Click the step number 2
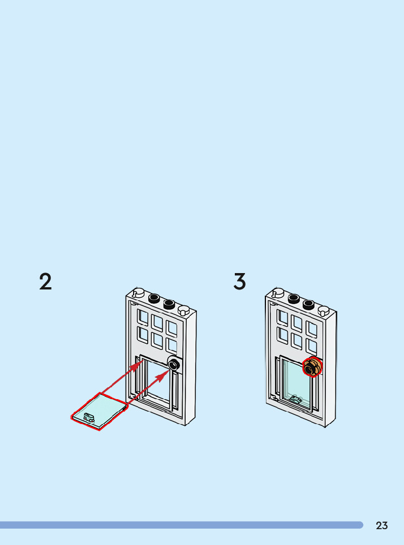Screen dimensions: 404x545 [45, 282]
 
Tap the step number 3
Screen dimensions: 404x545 [240, 282]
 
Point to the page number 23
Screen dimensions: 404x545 [382, 526]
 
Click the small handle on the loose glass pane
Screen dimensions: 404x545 [89, 417]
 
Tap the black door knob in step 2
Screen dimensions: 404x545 [174, 365]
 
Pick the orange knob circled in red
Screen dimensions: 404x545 [311, 367]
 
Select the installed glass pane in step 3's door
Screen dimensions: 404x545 [296, 382]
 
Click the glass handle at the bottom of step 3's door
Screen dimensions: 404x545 [295, 399]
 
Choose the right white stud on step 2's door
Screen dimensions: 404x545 [183, 310]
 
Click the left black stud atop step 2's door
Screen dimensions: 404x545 [153, 299]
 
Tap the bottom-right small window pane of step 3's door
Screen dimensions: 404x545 [311, 346]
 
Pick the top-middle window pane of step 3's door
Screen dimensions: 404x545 [296, 322]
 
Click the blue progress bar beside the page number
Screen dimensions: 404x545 [181, 525]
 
